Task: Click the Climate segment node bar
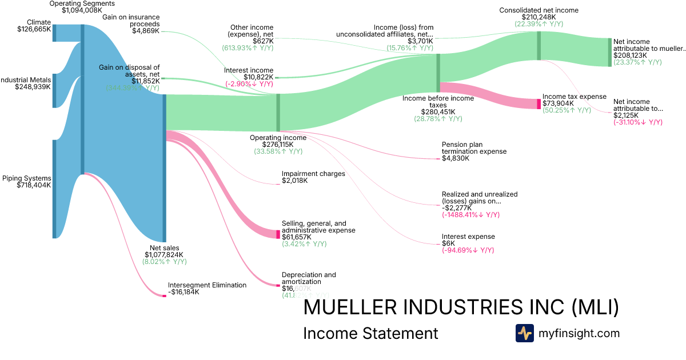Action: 54,33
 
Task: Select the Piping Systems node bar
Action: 54,189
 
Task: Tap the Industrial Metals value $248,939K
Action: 34,87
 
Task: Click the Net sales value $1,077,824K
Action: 165,255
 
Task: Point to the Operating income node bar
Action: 278,113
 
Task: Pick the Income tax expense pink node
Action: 539,103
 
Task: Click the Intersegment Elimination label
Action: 207,285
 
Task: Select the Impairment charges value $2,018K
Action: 294,181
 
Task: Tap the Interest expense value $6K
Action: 449,243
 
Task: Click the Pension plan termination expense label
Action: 474,148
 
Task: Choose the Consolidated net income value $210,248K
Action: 539,17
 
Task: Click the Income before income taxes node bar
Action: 438,73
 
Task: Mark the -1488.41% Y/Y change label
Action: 470,215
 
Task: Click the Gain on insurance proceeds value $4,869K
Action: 146,31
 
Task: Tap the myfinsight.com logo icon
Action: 524,333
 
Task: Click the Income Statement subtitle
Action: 370,334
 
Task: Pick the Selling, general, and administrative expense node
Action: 278,234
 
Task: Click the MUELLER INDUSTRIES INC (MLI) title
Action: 461,307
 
